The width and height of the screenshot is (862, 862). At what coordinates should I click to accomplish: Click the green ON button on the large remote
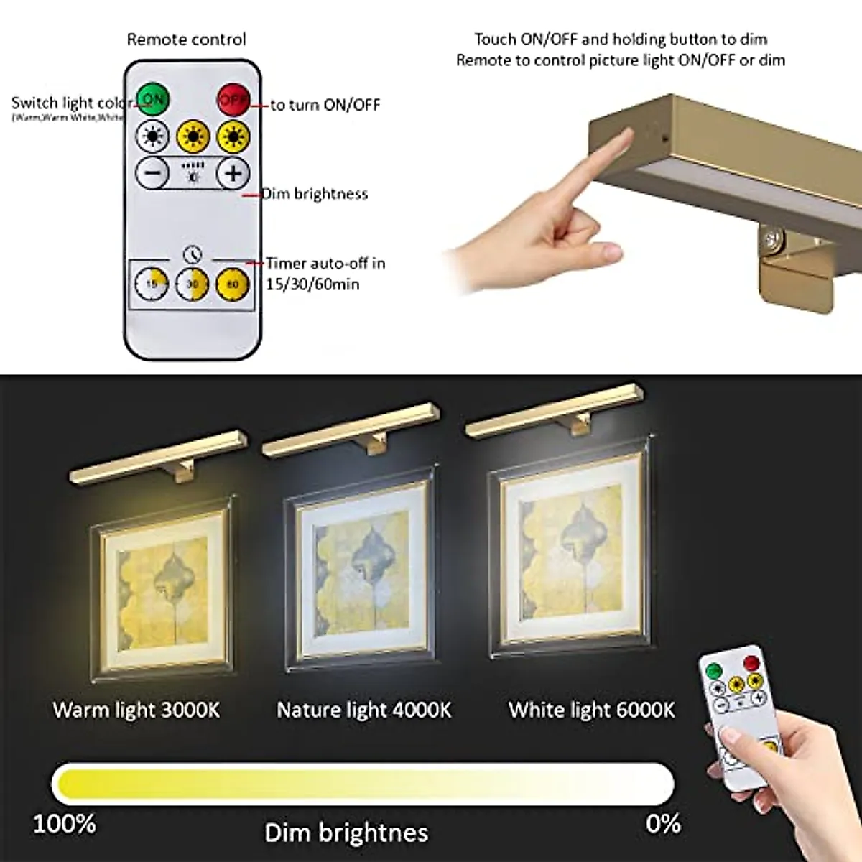tap(152, 98)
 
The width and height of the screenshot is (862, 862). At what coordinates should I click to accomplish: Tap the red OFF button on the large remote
tap(233, 99)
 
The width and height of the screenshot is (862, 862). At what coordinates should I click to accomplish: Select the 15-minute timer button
tap(152, 284)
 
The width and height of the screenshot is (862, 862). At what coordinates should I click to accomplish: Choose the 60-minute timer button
tap(233, 284)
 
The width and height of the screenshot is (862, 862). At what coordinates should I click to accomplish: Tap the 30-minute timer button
tap(193, 284)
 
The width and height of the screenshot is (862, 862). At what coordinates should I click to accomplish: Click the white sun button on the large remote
tap(152, 136)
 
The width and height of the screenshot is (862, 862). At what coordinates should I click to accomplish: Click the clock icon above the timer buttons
tap(192, 254)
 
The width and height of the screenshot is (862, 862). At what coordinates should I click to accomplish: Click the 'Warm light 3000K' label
tap(136, 710)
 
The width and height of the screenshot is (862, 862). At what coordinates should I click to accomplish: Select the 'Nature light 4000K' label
tap(364, 710)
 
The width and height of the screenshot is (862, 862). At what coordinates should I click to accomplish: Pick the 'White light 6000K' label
tap(592, 710)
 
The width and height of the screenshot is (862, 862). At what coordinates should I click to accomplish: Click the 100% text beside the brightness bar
tap(65, 822)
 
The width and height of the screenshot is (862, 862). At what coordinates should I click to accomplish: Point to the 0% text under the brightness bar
tap(662, 822)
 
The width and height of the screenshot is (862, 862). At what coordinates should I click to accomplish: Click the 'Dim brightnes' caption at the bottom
tap(346, 833)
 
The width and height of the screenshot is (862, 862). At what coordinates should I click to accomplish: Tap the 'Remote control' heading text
tap(186, 40)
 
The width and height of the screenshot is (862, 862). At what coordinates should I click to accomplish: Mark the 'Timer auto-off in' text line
tap(325, 264)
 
